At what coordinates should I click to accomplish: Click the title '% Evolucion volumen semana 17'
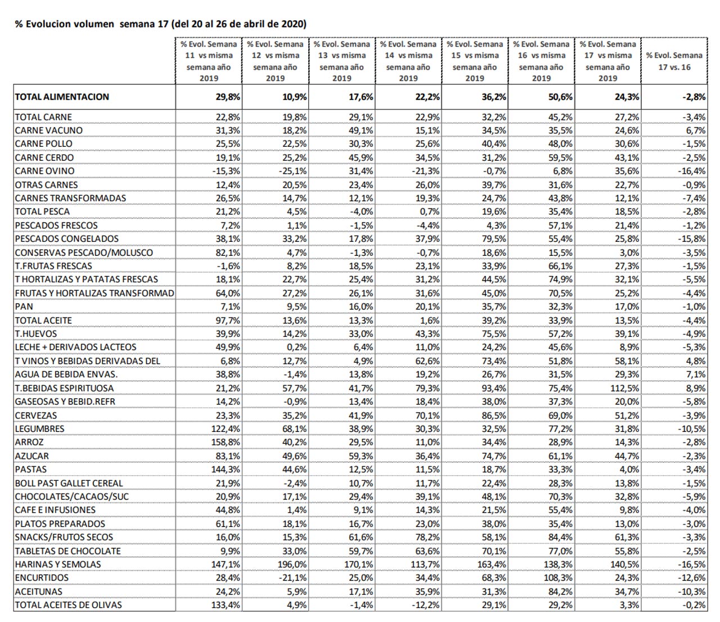(x=160, y=24)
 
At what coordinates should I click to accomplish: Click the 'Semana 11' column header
(x=209, y=61)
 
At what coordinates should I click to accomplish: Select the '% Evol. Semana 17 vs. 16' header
(x=674, y=61)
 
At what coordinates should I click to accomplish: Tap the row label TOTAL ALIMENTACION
(x=62, y=97)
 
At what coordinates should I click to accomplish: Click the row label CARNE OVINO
(x=44, y=171)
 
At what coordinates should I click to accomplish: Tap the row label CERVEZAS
(x=35, y=416)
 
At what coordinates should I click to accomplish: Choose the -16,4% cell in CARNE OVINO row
(x=691, y=171)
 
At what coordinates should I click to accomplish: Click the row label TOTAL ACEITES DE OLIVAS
(x=68, y=605)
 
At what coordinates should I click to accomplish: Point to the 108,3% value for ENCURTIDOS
(x=559, y=578)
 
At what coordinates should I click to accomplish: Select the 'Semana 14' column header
(x=408, y=61)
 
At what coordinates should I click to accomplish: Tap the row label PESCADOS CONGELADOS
(x=66, y=239)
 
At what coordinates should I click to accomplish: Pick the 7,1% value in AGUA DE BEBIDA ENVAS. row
(x=695, y=375)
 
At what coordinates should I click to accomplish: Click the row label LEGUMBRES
(x=39, y=429)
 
